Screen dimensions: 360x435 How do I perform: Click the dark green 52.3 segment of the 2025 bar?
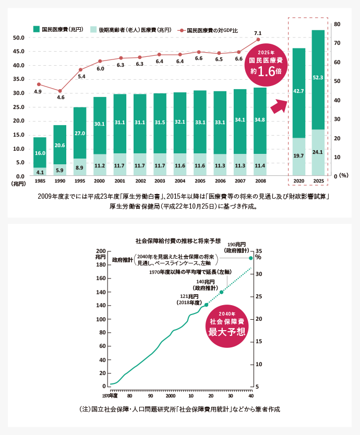coord(318,80)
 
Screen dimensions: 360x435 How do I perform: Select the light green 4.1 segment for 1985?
coord(40,172)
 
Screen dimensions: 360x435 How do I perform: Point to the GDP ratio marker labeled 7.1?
coord(258,40)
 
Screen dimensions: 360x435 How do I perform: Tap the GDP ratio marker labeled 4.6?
coord(60,91)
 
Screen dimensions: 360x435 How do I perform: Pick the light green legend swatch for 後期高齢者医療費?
coord(93,29)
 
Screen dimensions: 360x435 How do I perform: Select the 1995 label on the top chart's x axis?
coord(80,181)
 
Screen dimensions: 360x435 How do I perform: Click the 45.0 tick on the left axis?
coord(19,51)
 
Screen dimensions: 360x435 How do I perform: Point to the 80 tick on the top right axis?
coord(337,24)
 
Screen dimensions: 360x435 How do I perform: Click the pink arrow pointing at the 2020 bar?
coord(279,106)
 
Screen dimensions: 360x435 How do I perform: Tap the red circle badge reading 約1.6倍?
coord(266,65)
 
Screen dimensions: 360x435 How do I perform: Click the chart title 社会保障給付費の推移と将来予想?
coord(178,241)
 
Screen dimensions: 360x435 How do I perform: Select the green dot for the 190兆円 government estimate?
coord(251,258)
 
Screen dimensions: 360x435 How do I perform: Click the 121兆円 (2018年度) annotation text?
coord(189,299)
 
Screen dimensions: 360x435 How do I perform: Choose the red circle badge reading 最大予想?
coord(227,327)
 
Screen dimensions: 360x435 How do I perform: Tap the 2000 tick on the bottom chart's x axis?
coord(171,396)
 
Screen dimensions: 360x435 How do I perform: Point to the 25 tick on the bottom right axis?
coord(259,297)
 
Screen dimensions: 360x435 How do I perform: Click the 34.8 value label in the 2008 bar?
coord(260,120)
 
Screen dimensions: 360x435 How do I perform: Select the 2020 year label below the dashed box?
coord(298,181)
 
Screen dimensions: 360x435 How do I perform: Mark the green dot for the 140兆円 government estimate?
coord(222,292)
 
